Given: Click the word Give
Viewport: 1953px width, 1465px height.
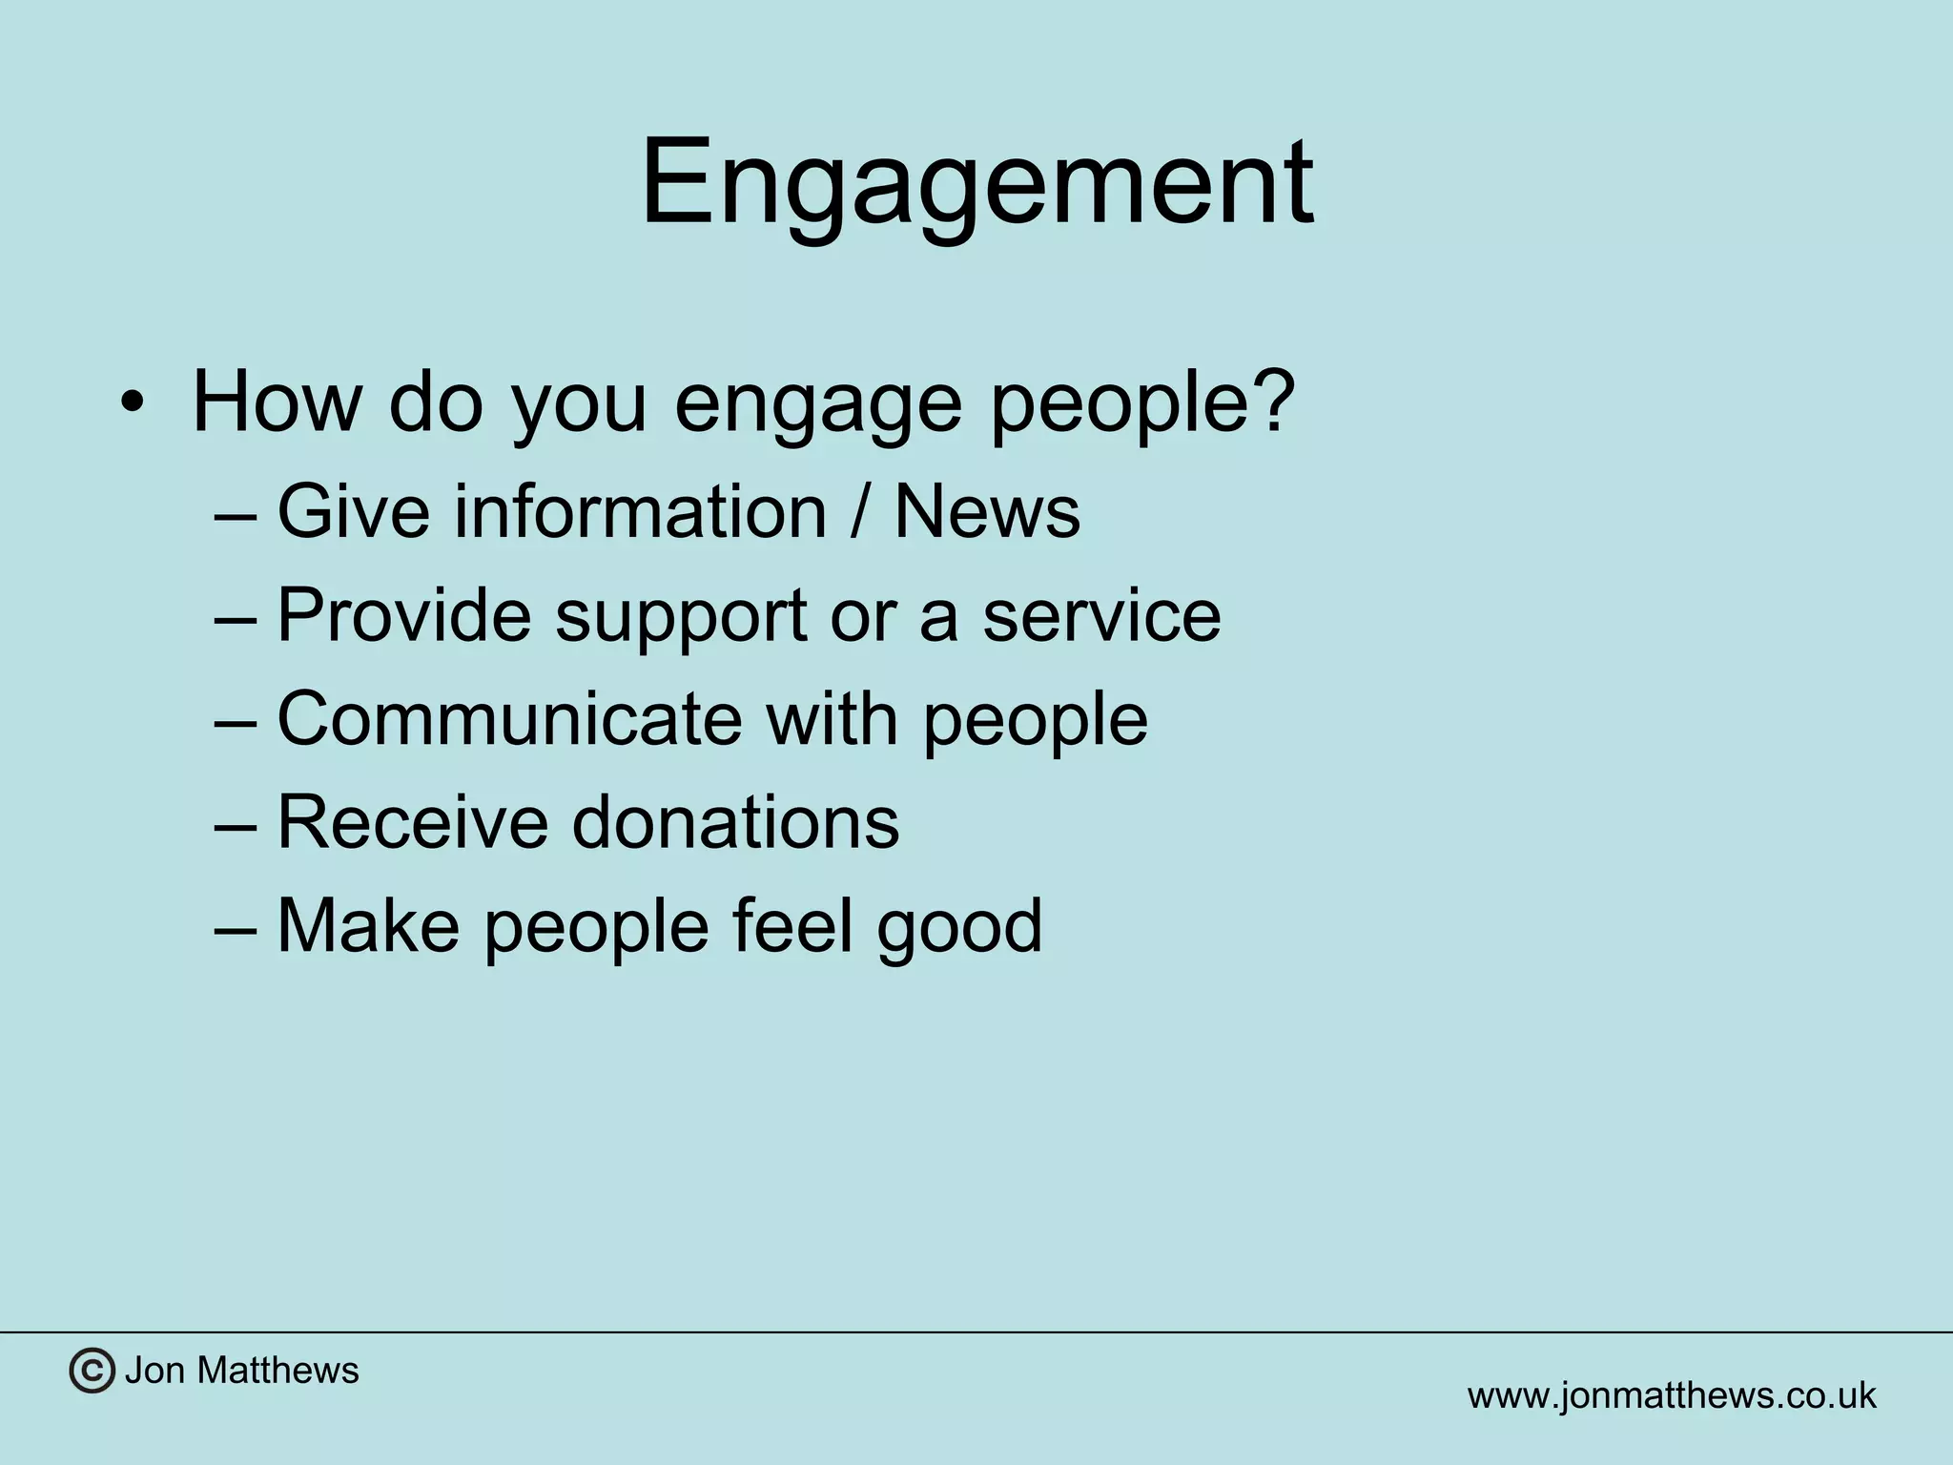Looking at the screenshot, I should point(354,512).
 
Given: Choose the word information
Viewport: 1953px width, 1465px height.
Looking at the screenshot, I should point(639,512).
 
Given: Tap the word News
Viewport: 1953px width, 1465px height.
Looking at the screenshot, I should point(986,512).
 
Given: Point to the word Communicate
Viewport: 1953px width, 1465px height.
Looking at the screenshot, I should point(509,718).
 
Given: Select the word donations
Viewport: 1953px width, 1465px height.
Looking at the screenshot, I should point(735,821).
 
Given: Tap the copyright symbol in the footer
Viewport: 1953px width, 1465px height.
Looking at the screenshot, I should point(92,1372).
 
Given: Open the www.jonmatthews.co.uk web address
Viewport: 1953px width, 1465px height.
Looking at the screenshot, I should point(1671,1395).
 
